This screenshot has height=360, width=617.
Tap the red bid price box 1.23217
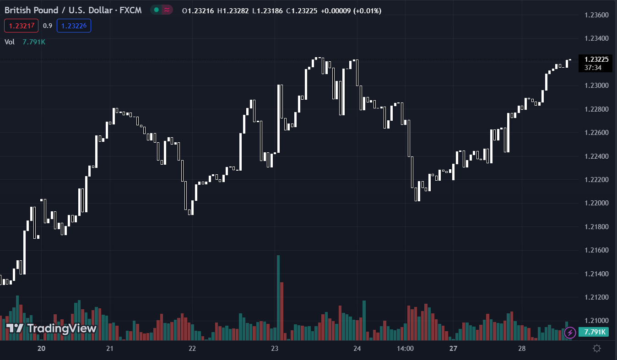(21, 26)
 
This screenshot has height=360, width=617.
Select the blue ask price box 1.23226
(74, 26)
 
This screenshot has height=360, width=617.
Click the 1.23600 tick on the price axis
(596, 15)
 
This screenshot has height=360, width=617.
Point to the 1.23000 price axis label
(596, 86)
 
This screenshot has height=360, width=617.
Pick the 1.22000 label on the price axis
(596, 203)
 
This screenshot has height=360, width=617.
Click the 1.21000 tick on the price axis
(596, 321)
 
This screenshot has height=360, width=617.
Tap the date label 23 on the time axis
(275, 349)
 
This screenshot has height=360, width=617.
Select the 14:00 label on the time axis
(406, 349)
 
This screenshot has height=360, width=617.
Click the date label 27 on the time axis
(453, 349)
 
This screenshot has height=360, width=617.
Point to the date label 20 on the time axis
(41, 349)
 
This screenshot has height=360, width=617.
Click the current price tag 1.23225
(595, 59)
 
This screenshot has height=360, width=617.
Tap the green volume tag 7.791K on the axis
(593, 332)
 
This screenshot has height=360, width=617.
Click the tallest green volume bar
(278, 297)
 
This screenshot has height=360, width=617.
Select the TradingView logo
(51, 328)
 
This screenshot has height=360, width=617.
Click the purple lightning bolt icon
(570, 333)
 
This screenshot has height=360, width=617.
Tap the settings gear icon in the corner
(597, 349)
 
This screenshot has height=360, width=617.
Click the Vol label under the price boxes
(10, 42)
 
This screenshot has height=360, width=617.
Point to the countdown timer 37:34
(593, 68)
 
